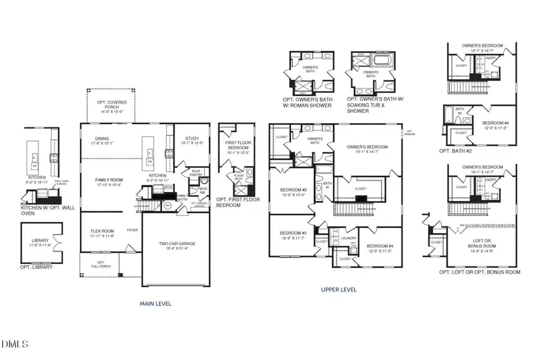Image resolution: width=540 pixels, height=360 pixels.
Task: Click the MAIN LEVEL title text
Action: click(x=155, y=304)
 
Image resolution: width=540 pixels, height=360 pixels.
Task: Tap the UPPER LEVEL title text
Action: click(x=340, y=290)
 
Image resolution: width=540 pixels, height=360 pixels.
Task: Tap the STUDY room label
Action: click(x=193, y=140)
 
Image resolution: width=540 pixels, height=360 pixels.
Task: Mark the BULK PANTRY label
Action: click(x=196, y=172)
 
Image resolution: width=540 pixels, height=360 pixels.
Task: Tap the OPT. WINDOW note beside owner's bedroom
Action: click(x=409, y=133)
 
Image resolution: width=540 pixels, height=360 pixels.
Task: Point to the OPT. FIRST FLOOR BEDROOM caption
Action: click(x=238, y=202)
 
